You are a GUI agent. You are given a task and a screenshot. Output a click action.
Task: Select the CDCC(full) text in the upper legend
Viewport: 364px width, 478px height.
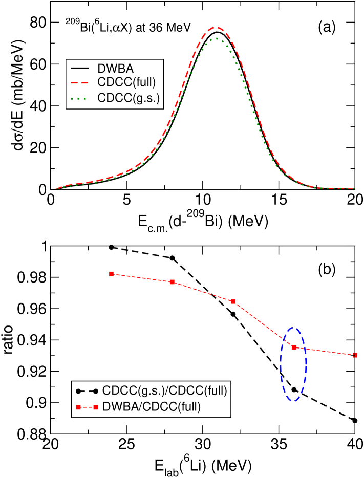(126, 83)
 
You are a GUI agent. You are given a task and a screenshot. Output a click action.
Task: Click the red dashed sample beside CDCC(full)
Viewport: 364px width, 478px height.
(80, 83)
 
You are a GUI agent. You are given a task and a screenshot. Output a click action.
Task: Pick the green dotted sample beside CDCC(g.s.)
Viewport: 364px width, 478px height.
(80, 98)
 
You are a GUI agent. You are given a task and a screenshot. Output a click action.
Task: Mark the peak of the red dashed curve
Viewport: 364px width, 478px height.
(217, 27)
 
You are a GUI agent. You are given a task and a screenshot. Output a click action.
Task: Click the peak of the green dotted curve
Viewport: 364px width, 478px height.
(217, 38)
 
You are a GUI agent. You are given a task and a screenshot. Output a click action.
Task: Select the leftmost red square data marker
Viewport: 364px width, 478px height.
(111, 274)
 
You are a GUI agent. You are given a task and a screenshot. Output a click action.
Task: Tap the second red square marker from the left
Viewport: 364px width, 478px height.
(173, 282)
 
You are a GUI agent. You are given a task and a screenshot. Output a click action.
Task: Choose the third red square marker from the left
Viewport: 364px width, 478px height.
(233, 301)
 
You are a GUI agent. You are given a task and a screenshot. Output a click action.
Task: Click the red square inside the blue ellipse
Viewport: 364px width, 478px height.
(294, 347)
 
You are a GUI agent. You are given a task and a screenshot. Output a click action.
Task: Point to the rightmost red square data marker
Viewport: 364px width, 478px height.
(355, 355)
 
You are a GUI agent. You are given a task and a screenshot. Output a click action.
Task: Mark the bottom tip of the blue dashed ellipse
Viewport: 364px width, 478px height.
(293, 401)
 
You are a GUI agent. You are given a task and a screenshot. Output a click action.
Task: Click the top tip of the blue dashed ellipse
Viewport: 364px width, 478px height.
(293, 327)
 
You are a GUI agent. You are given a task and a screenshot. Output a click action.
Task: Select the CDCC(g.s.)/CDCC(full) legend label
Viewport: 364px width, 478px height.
(164, 391)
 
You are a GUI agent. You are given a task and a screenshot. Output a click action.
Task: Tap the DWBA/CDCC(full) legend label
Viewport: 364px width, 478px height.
(152, 407)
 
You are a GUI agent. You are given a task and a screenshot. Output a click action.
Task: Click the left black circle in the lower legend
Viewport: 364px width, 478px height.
(78, 392)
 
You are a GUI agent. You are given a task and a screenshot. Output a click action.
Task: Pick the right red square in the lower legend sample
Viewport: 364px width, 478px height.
(96, 407)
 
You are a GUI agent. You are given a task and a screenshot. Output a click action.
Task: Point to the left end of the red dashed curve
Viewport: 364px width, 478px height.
(56, 189)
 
